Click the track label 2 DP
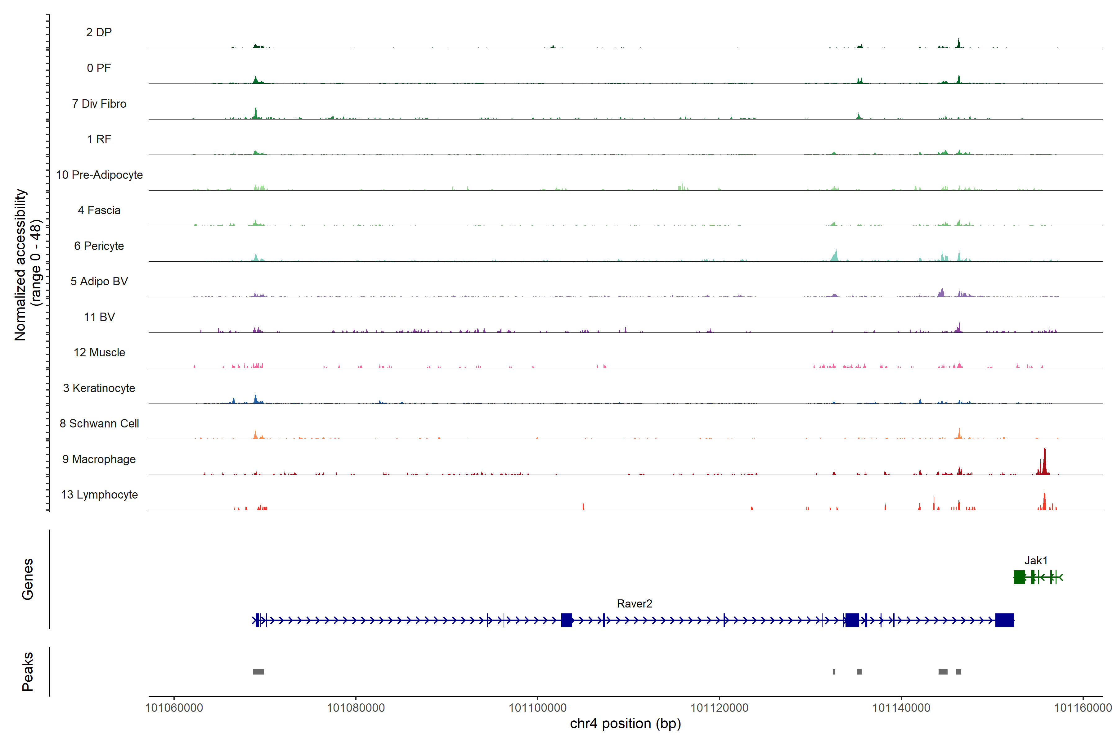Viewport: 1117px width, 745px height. (99, 32)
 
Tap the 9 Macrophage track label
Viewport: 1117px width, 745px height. (99, 459)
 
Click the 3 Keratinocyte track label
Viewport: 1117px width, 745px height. (99, 388)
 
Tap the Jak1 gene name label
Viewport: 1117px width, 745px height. (1036, 561)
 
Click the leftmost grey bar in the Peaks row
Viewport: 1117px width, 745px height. (258, 672)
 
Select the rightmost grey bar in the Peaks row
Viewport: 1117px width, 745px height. (958, 672)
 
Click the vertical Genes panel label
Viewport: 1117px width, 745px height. (28, 579)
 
